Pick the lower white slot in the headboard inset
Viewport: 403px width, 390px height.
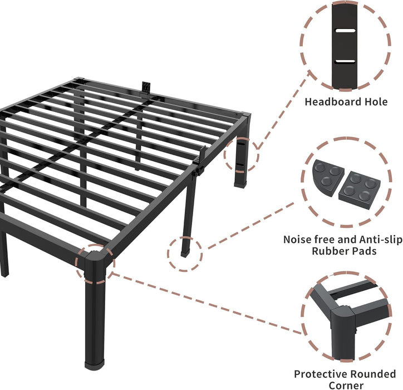[346, 60]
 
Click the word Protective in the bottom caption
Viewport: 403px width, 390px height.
[320, 374]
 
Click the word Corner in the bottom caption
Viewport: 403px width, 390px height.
[346, 386]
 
